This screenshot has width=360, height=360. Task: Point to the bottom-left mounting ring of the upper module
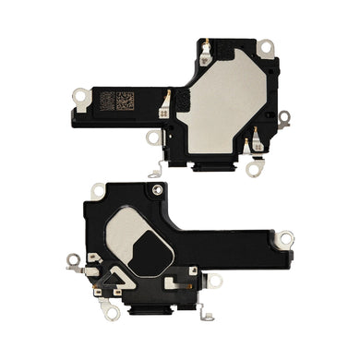pos(153,138)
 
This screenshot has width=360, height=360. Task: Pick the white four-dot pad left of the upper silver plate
pos(163,113)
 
